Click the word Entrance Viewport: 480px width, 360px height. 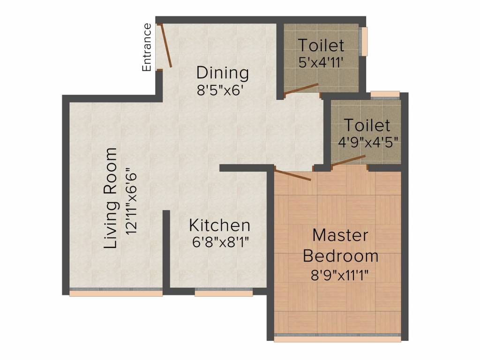(x=147, y=47)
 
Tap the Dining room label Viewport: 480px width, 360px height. (x=222, y=73)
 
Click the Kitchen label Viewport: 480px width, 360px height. (x=219, y=225)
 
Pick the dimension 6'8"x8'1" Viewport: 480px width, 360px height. (x=219, y=242)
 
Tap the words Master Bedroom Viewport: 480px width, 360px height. (x=341, y=245)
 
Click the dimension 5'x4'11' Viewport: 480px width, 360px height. (x=322, y=61)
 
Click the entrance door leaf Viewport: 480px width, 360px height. (x=166, y=46)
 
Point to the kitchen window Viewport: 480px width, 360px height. (x=224, y=292)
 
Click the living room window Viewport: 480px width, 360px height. (x=116, y=292)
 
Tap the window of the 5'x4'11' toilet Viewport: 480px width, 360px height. (x=364, y=41)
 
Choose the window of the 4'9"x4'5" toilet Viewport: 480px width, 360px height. (x=385, y=95)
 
